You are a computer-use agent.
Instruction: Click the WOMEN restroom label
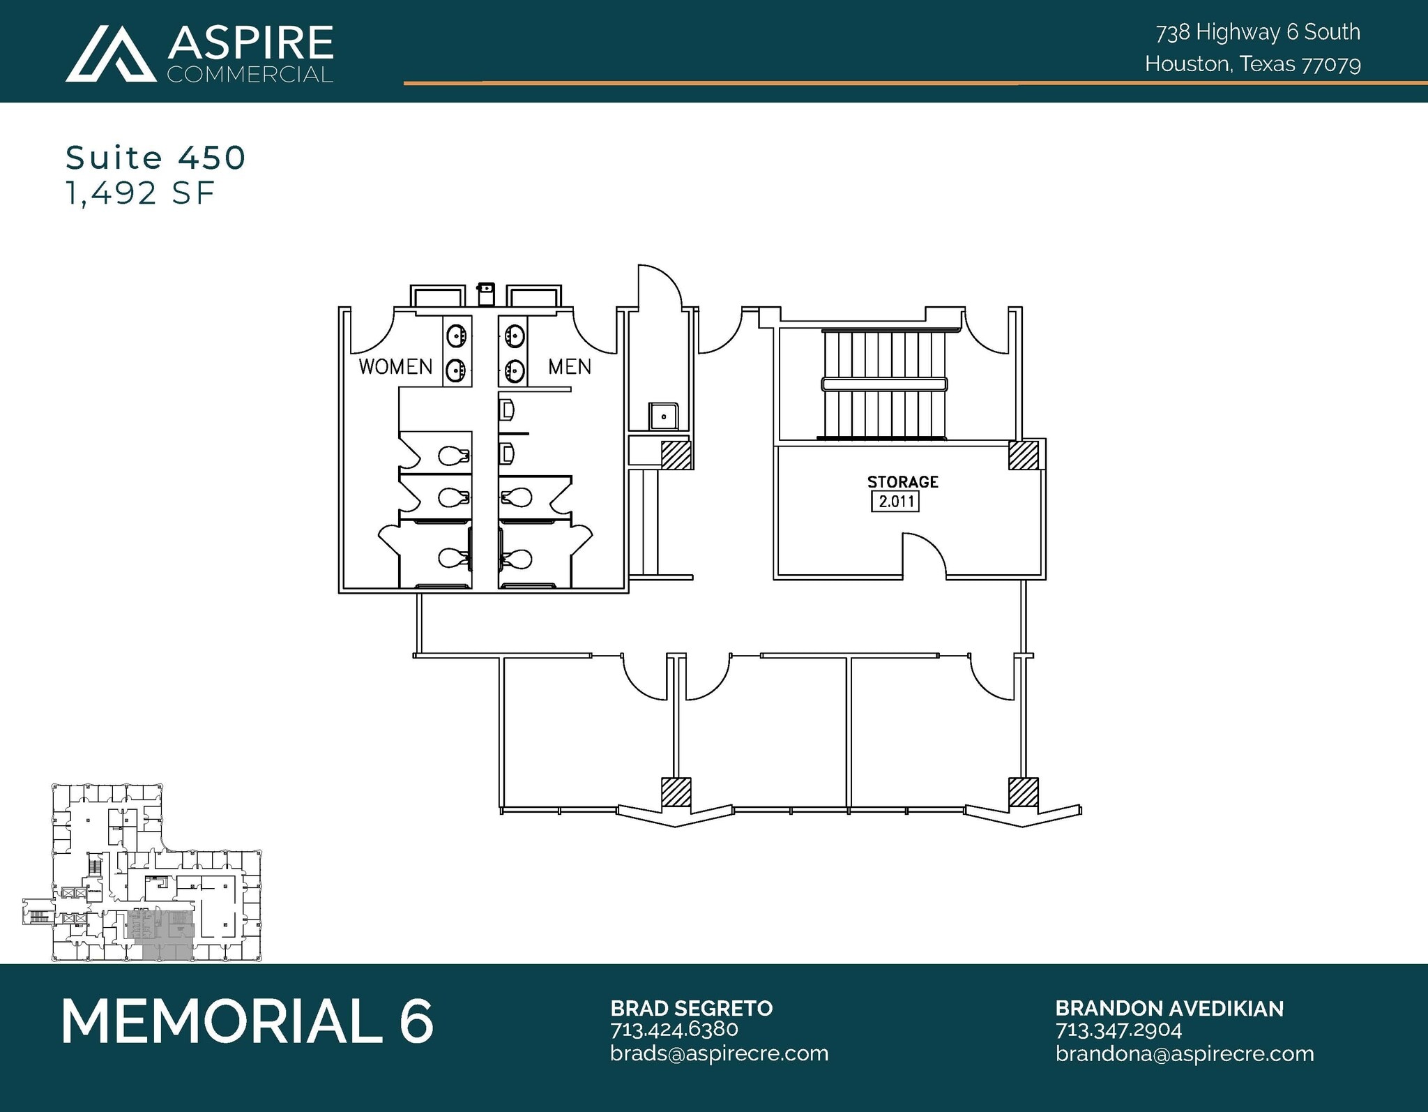coord(395,366)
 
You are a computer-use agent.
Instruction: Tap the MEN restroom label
coord(569,366)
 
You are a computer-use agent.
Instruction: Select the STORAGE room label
coord(902,481)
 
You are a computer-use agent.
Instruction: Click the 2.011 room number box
coord(895,501)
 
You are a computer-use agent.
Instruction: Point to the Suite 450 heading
coord(155,158)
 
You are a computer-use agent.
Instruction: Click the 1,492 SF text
coord(139,193)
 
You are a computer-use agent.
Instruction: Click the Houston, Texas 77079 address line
coord(1252,64)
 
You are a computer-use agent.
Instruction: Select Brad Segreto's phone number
coord(674,1030)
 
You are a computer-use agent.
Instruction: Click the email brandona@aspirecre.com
coord(1184,1053)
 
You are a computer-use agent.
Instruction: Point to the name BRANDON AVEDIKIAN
coord(1169,1008)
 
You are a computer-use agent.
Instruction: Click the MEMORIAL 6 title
coord(248,1021)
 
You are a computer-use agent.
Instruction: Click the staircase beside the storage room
coord(884,384)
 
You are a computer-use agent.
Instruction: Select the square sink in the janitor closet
coord(663,416)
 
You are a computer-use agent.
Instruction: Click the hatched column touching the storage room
coord(1023,456)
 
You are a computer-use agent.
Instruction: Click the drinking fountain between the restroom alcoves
coord(486,293)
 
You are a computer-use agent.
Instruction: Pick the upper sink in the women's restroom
coord(457,336)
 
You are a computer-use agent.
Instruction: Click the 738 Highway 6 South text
coord(1257,32)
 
